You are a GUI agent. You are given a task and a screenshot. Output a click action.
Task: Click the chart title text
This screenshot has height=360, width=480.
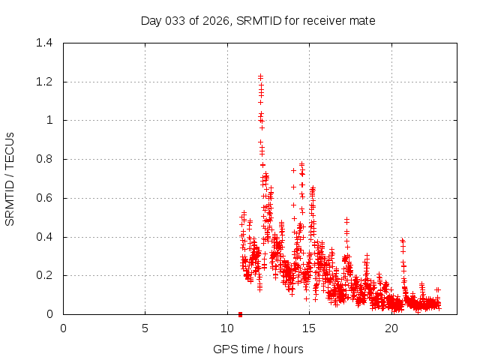258,20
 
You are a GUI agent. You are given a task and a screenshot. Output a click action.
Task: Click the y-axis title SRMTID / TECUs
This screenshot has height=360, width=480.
10,178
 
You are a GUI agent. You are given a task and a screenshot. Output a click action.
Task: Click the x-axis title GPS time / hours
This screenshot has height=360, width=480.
258,349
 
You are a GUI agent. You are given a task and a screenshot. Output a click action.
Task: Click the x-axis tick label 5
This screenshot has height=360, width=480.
145,328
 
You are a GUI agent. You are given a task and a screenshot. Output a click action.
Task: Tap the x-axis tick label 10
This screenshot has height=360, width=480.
227,328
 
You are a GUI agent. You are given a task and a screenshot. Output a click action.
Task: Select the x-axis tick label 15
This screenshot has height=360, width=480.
309,328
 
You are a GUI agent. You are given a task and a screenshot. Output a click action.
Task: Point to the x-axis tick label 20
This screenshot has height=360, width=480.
391,328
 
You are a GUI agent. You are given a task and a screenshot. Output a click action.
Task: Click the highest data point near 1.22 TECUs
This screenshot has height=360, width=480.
260,76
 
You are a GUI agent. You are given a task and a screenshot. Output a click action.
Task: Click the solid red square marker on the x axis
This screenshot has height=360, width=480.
240,314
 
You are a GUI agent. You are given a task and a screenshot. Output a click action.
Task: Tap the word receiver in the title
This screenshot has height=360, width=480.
324,20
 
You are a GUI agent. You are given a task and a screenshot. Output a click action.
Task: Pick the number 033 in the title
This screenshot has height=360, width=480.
175,20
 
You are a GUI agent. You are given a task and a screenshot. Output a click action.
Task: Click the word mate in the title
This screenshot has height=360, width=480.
362,20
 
